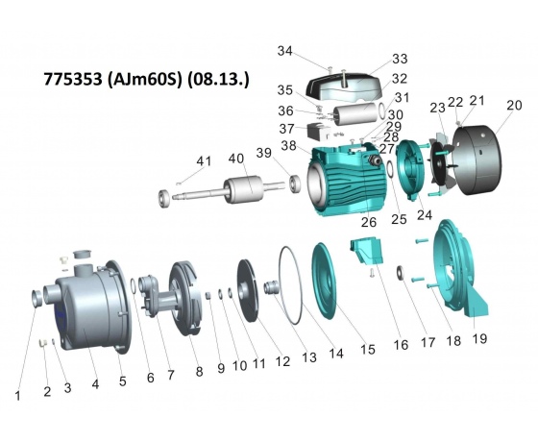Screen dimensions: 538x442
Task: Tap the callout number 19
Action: pos(479,338)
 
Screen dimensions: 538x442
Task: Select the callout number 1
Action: pos(18,396)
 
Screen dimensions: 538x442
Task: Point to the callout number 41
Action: pos(204,161)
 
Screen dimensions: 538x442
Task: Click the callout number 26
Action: pos(369,222)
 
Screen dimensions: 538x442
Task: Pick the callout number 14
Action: pos(336,353)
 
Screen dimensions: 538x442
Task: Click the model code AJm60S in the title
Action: pos(144,79)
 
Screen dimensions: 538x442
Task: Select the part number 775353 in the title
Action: pos(73,79)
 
